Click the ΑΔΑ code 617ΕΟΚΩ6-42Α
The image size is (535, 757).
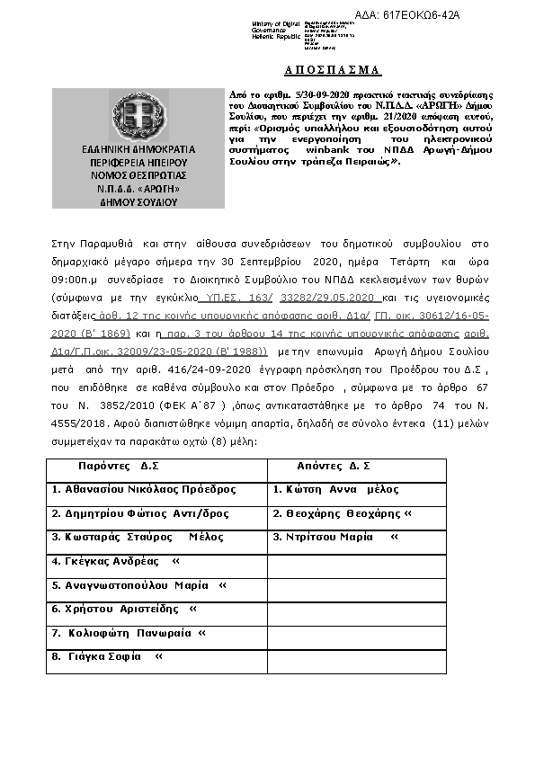421,16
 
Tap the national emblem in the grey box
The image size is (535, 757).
139,116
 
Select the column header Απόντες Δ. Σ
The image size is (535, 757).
334,467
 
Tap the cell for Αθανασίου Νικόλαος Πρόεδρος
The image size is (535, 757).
145,490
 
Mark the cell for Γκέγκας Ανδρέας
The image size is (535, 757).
115,561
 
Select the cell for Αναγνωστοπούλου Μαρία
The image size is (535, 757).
138,585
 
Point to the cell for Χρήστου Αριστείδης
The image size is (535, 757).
123,609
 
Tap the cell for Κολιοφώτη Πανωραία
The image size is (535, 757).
129,633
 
